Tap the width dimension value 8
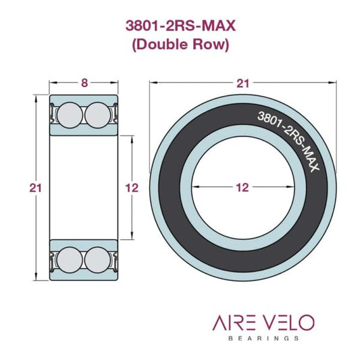coord(84,83)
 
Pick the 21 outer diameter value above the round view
coord(242,83)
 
